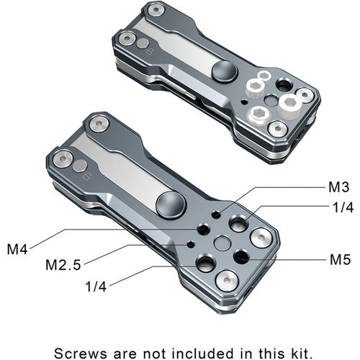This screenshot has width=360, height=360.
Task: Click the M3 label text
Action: point(338,186)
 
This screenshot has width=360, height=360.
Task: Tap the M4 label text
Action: point(17,249)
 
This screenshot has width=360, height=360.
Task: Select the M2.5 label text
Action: point(63,265)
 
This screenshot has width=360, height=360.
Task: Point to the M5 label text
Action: point(341,259)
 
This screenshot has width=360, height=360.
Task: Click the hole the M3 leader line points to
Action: point(217,215)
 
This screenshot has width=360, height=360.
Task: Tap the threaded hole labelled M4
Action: point(203,230)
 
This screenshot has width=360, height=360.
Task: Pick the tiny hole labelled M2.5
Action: point(191,244)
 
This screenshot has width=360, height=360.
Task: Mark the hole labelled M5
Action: point(241,256)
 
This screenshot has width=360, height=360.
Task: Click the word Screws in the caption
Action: point(81,354)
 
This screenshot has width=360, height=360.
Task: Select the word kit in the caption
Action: point(300,354)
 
